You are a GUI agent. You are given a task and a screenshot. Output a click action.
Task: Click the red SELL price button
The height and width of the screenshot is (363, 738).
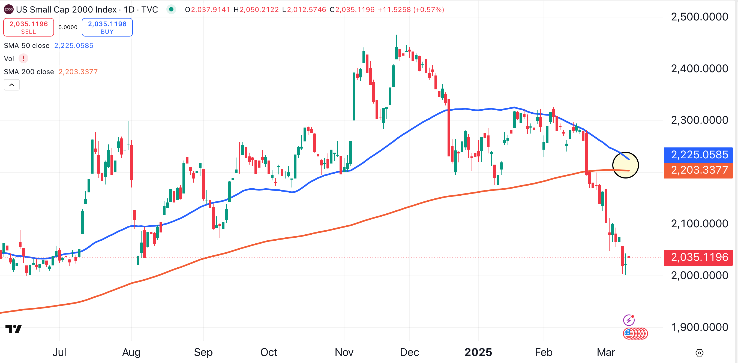pyautogui.click(x=28, y=28)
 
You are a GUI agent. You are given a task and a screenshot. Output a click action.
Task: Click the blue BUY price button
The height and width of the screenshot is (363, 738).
pyautogui.click(x=107, y=28)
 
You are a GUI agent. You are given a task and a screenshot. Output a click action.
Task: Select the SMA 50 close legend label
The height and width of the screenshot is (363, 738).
pyautogui.click(x=27, y=46)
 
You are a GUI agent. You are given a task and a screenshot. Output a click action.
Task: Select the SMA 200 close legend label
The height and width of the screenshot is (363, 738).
pyautogui.click(x=29, y=72)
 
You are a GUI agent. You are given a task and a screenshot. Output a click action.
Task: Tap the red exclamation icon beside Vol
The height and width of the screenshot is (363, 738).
pyautogui.click(x=23, y=59)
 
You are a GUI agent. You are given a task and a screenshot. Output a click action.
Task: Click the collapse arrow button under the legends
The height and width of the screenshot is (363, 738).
pyautogui.click(x=12, y=85)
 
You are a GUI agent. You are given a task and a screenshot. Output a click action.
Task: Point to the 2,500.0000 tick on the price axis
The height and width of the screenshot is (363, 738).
pyautogui.click(x=699, y=17)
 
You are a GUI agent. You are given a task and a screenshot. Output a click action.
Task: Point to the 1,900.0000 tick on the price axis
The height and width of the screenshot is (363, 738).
pyautogui.click(x=699, y=327)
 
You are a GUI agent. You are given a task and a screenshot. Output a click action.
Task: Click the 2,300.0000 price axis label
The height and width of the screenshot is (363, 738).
pyautogui.click(x=699, y=120)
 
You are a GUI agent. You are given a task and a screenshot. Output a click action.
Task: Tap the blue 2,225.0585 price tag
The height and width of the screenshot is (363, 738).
pyautogui.click(x=698, y=155)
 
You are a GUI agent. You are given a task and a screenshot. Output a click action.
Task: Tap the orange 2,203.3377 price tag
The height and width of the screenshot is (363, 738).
pyautogui.click(x=698, y=170)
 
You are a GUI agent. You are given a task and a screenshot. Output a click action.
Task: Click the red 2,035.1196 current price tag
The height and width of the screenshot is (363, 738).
pyautogui.click(x=698, y=257)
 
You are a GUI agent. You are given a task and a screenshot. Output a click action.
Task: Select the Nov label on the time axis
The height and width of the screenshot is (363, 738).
pyautogui.click(x=344, y=352)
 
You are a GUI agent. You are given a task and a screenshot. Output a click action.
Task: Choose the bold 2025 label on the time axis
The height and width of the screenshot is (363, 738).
pyautogui.click(x=478, y=352)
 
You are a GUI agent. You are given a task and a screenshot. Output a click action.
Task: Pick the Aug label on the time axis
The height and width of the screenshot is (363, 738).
pyautogui.click(x=131, y=352)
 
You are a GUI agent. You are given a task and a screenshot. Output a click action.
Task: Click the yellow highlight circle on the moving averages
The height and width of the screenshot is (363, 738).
pyautogui.click(x=625, y=165)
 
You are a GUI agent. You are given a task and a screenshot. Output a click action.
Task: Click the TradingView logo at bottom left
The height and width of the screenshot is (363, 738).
pyautogui.click(x=13, y=329)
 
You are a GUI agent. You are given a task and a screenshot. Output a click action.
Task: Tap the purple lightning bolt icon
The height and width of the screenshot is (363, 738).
pyautogui.click(x=629, y=320)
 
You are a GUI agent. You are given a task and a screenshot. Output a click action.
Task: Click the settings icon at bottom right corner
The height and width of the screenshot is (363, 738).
pyautogui.click(x=699, y=353)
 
